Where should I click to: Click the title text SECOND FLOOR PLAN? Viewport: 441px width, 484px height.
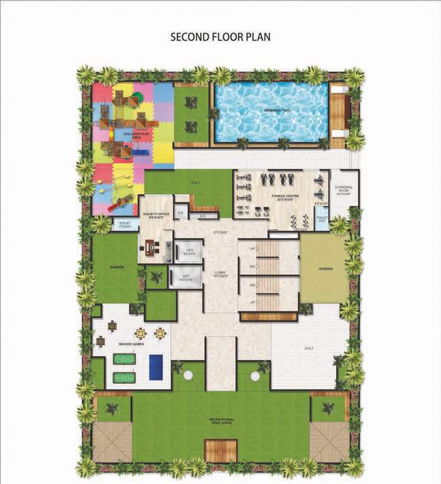pyautogui.click(x=220, y=37)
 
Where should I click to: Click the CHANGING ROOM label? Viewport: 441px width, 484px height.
pyautogui.click(x=343, y=189)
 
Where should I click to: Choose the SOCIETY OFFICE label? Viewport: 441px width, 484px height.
pyautogui.click(x=155, y=216)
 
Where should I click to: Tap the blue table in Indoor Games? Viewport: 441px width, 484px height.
pyautogui.click(x=156, y=367)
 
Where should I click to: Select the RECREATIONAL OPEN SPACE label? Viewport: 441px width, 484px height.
pyautogui.click(x=221, y=421)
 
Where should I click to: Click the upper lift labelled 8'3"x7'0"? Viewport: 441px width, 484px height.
pyautogui.click(x=189, y=251)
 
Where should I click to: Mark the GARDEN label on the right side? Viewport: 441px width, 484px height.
pyautogui.click(x=325, y=268)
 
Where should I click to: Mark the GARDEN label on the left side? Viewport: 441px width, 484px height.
pyautogui.click(x=117, y=267)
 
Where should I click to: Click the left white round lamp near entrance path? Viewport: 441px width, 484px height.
pyautogui.click(x=187, y=376)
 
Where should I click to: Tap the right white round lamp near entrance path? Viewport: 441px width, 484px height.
pyautogui.click(x=255, y=376)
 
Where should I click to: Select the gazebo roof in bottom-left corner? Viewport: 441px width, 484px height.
pyautogui.click(x=112, y=441)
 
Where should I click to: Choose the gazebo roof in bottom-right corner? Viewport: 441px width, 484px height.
pyautogui.click(x=329, y=441)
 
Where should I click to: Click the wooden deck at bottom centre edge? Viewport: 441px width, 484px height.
pyautogui.click(x=221, y=450)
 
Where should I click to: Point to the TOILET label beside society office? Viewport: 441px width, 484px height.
pyautogui.click(x=124, y=224)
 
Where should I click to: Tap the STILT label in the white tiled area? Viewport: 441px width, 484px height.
pyautogui.click(x=309, y=348)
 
